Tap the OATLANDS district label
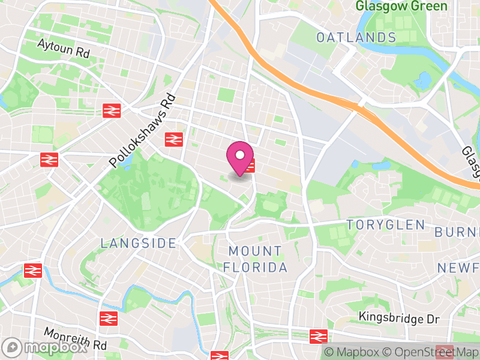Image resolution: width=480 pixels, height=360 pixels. [x=356, y=37]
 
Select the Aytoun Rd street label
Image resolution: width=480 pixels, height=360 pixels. [x=63, y=48]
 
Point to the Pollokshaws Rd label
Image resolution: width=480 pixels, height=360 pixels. [x=143, y=130]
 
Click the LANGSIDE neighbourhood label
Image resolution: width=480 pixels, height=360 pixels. [x=139, y=243]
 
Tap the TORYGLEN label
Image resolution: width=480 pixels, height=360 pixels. [x=386, y=225]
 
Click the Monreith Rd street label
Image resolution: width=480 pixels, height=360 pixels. [x=75, y=340]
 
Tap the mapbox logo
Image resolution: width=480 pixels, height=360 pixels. [x=45, y=347]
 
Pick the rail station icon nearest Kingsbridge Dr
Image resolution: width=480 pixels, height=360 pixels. [x=318, y=337]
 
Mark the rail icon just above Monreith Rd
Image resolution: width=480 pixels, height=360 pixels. [x=107, y=319]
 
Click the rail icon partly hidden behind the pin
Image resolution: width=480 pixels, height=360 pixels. [x=251, y=166]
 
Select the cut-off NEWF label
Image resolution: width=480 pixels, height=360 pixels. [x=458, y=267]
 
